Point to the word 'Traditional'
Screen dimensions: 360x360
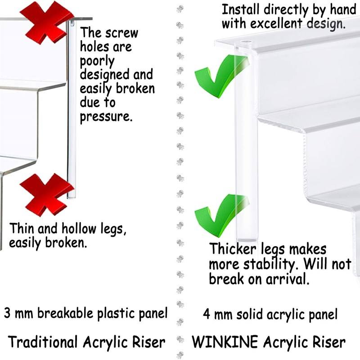[x=43, y=342]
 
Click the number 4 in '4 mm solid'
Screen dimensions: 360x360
[x=207, y=314]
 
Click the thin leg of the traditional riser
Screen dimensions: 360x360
[x=71, y=112]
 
